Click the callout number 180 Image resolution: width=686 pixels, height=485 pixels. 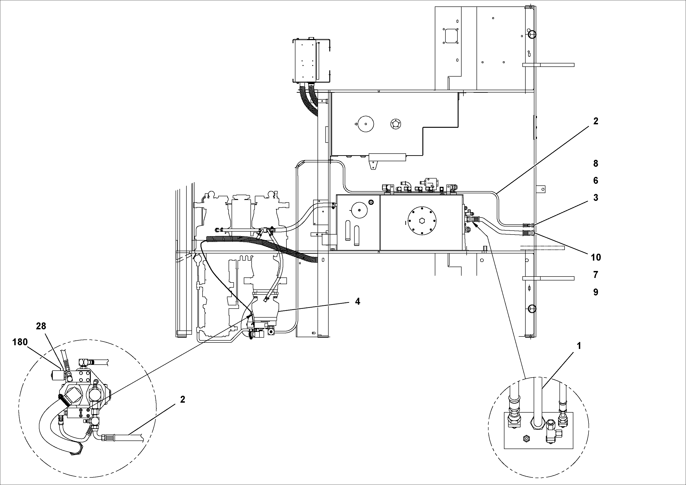[x=20, y=342]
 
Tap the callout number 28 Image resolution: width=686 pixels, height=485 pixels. [x=41, y=326]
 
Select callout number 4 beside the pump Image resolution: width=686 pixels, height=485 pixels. [x=358, y=301]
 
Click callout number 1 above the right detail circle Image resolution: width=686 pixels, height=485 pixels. [x=579, y=346]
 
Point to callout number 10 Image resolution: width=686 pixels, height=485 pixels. [x=595, y=257]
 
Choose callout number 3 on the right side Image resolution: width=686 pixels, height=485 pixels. [x=595, y=197]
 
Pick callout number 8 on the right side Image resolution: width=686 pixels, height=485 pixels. [x=595, y=163]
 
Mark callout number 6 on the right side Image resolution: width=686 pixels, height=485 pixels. [x=595, y=180]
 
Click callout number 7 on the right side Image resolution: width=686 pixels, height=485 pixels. [x=595, y=274]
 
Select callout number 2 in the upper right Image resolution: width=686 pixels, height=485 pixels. [x=595, y=121]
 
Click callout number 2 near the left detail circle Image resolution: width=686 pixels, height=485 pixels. [x=183, y=399]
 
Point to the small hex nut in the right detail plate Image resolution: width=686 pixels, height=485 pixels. [x=526, y=439]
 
